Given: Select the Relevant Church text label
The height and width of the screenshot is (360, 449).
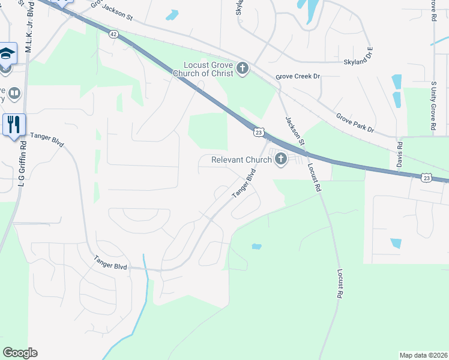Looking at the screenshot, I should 241,160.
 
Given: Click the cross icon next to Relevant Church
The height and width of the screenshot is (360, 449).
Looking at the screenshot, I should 280,159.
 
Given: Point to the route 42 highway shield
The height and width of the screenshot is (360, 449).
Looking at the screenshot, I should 113,35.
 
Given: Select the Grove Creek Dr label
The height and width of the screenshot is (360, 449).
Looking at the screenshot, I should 298,77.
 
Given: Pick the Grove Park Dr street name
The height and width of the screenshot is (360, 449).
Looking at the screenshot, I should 355,122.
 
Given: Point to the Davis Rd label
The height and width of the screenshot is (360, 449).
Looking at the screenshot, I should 399,155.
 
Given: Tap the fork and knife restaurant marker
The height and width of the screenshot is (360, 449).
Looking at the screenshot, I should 14,125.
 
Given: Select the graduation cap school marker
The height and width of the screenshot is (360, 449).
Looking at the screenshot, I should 7,55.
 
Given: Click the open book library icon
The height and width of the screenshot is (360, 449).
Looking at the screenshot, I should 14,94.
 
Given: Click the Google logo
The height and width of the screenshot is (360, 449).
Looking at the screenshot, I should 20,353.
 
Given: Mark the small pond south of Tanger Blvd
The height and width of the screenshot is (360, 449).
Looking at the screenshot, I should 257,246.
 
